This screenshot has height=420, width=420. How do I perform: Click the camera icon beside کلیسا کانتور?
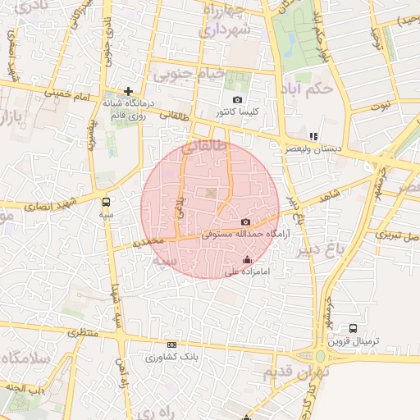(x=238, y=99)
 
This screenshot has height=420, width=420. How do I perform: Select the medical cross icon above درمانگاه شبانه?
(x=128, y=91)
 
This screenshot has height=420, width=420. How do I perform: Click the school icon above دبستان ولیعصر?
(x=313, y=136)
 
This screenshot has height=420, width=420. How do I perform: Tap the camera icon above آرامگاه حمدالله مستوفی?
(x=245, y=222)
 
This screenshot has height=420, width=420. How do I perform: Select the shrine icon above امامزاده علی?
(x=248, y=260)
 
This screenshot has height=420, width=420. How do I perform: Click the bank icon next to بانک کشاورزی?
(x=171, y=345)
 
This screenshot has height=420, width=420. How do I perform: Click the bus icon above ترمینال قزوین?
(x=354, y=328)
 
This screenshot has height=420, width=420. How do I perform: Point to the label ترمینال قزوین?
(x=350, y=340)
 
